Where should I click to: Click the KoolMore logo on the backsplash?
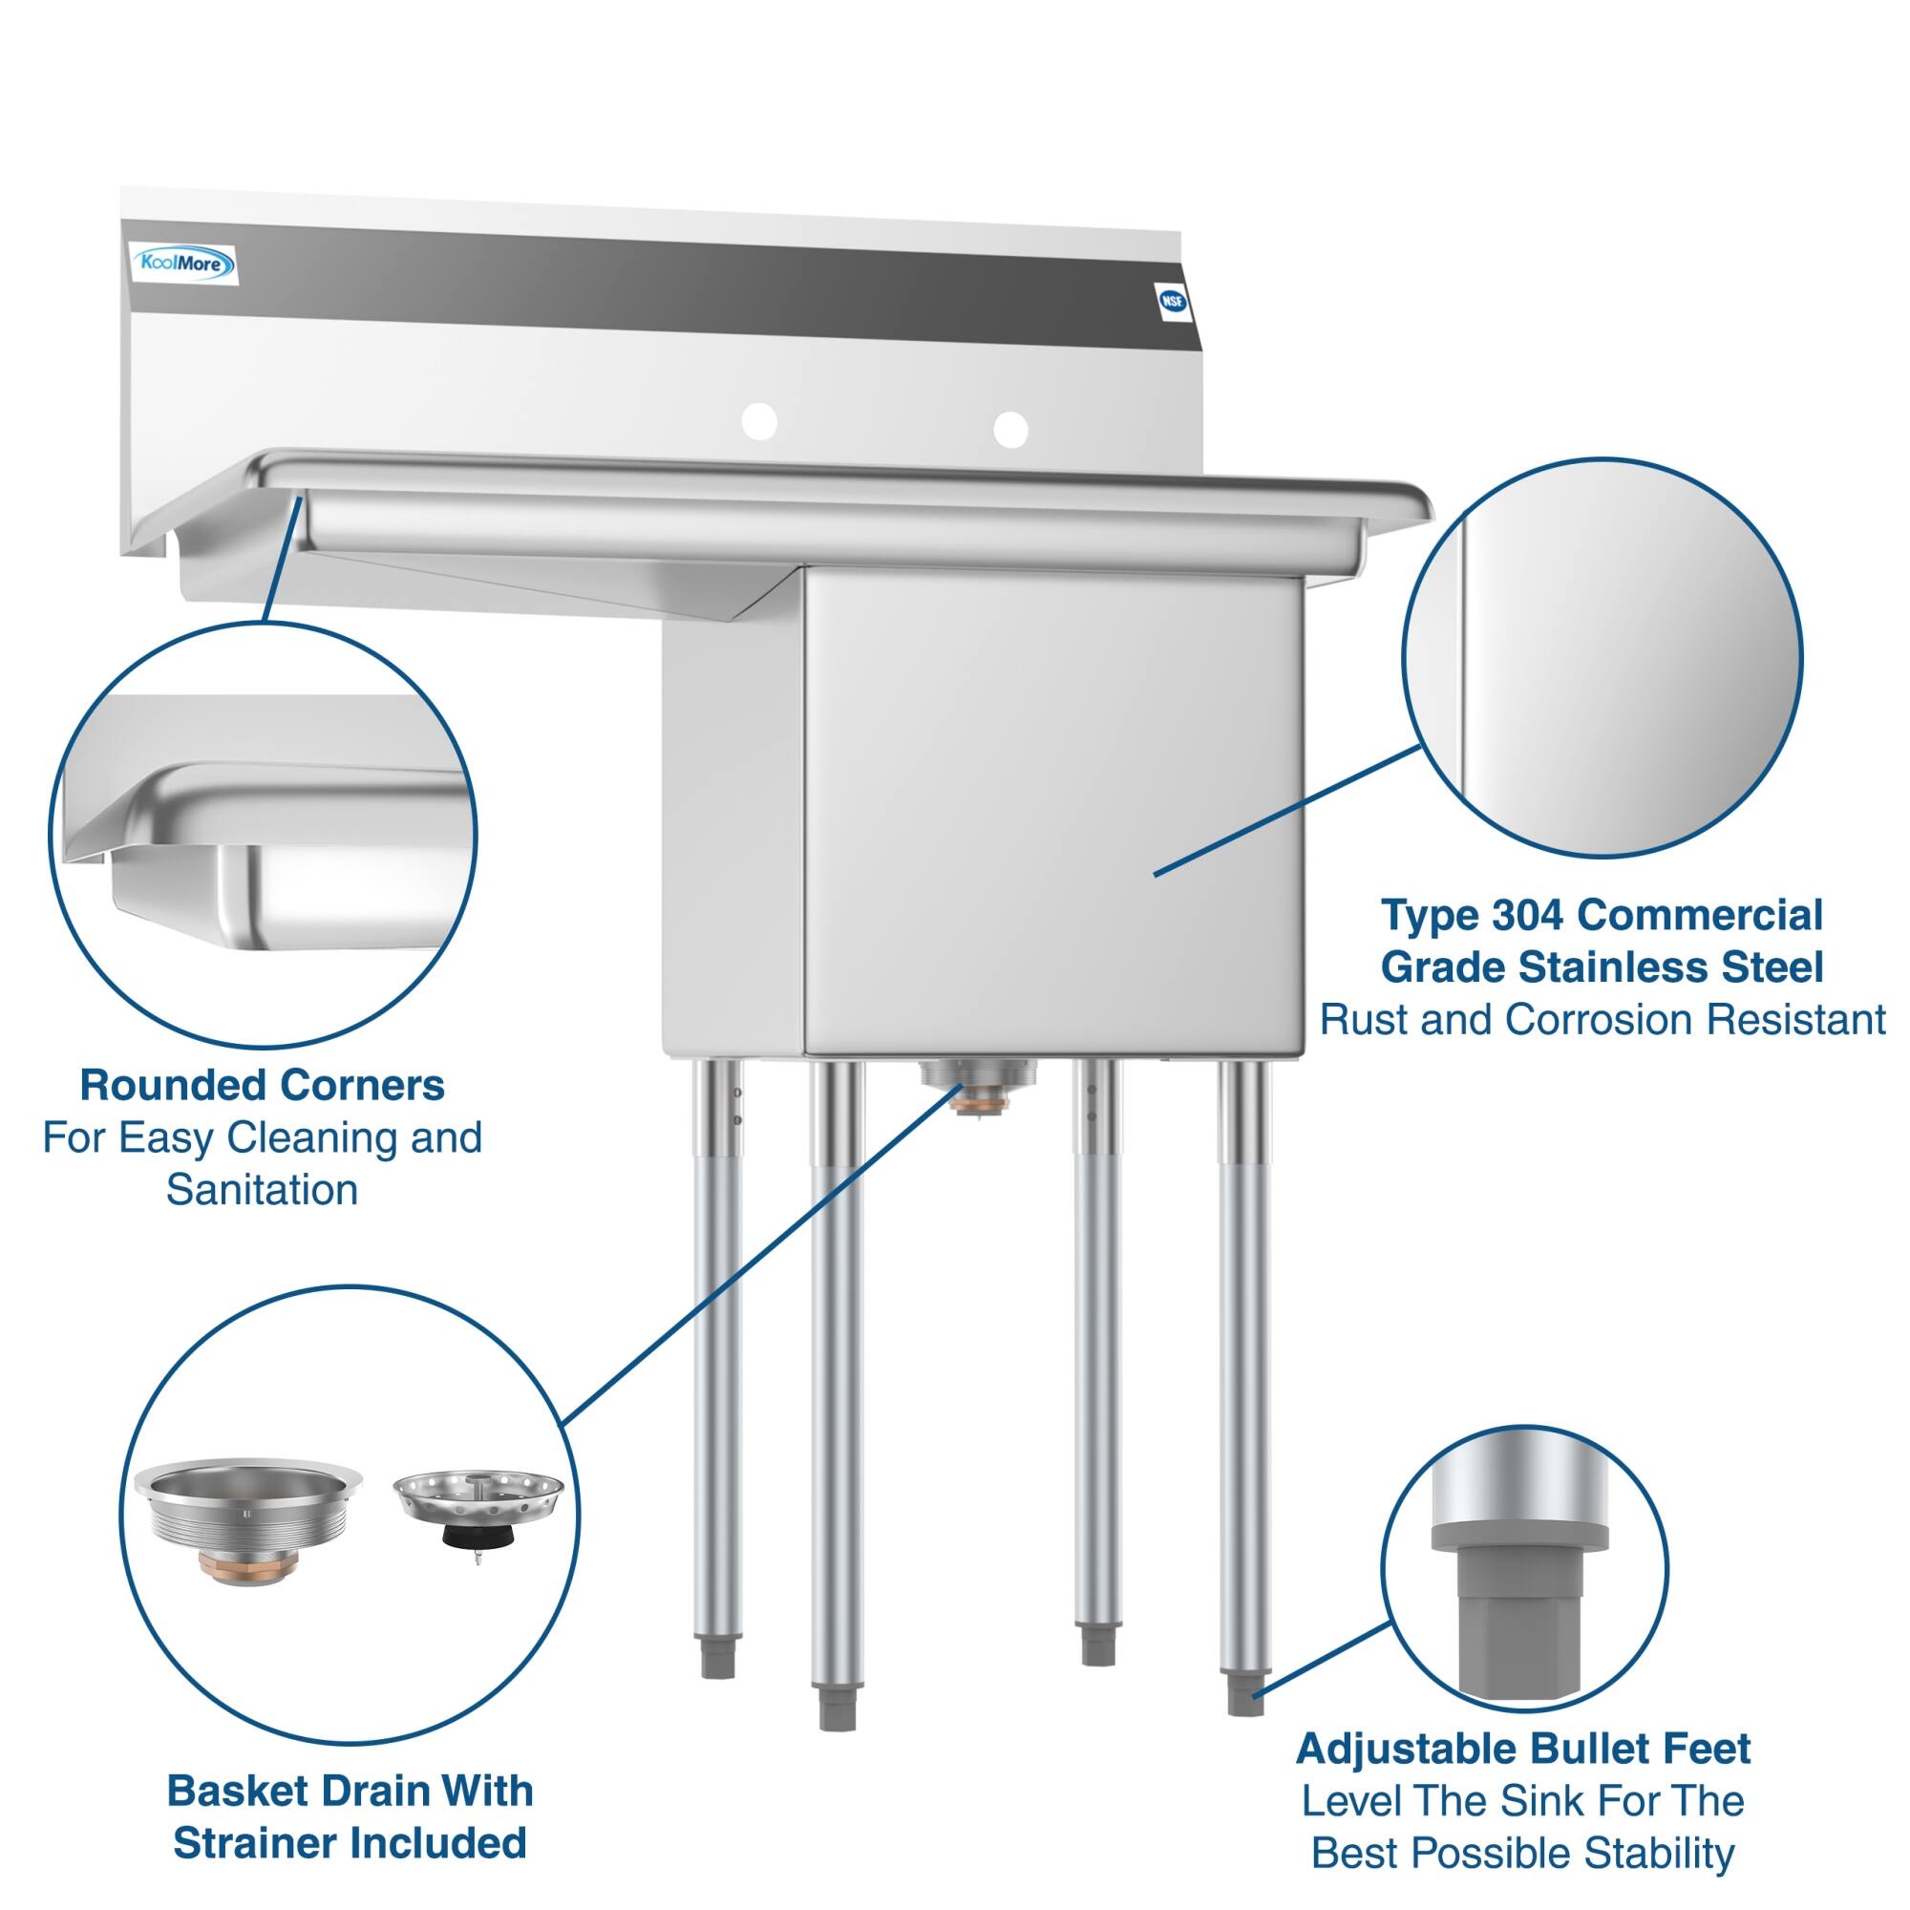(184, 264)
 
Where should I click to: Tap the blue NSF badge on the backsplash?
(1173, 301)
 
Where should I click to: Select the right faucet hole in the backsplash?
(1010, 429)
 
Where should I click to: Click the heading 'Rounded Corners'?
(262, 1086)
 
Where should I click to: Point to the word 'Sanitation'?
(262, 1189)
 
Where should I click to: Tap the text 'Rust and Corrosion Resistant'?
(1602, 1020)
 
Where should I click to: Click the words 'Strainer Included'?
(349, 1843)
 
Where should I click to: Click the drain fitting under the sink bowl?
(977, 1082)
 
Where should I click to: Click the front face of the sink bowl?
(1052, 811)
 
